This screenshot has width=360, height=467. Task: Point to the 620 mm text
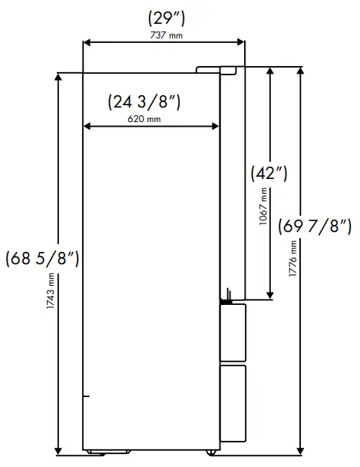144,119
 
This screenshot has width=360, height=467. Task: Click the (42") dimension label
269,173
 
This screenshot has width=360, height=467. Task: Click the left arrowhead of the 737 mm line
86,42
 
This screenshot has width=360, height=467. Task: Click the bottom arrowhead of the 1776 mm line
302,447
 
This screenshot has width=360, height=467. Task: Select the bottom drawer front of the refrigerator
233,402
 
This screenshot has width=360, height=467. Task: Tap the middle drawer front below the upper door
233,330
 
